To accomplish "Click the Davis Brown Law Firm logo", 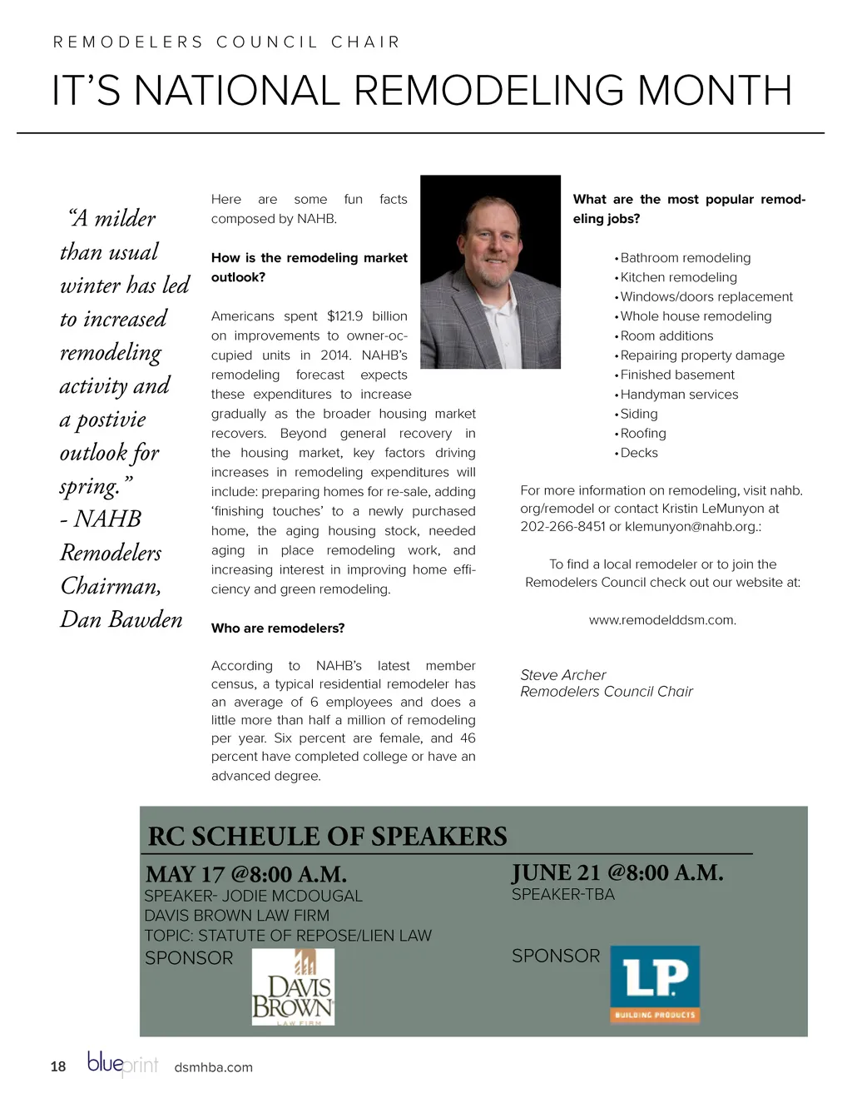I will click(x=293, y=986).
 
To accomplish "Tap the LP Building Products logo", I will click(x=655, y=984).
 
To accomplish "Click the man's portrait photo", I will click(x=490, y=272).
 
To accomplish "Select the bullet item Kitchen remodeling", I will click(x=678, y=277).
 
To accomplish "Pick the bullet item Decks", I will click(x=638, y=453).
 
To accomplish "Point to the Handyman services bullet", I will click(x=678, y=395).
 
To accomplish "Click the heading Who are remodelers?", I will click(x=278, y=629).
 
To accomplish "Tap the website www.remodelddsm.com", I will click(x=662, y=620).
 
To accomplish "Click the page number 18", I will click(x=58, y=1067).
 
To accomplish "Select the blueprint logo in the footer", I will click(x=122, y=1064).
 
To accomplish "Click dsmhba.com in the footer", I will click(x=214, y=1068).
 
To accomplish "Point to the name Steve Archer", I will click(x=563, y=675).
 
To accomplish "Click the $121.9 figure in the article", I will click(x=345, y=316).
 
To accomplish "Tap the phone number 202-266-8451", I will click(x=562, y=527).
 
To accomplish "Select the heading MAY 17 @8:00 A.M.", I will click(x=246, y=875).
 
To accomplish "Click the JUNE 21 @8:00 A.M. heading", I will click(x=617, y=873).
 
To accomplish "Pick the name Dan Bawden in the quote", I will click(x=121, y=620).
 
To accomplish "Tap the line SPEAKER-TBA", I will click(x=563, y=895).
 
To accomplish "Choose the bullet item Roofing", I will click(x=642, y=434).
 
